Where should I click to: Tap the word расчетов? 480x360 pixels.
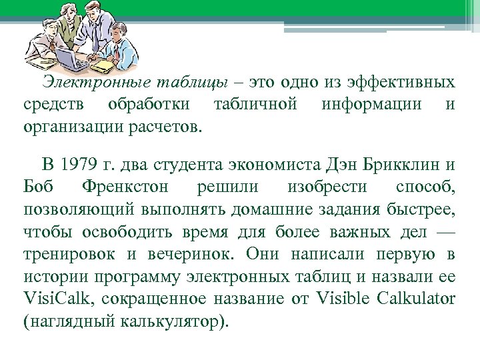point(168,127)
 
